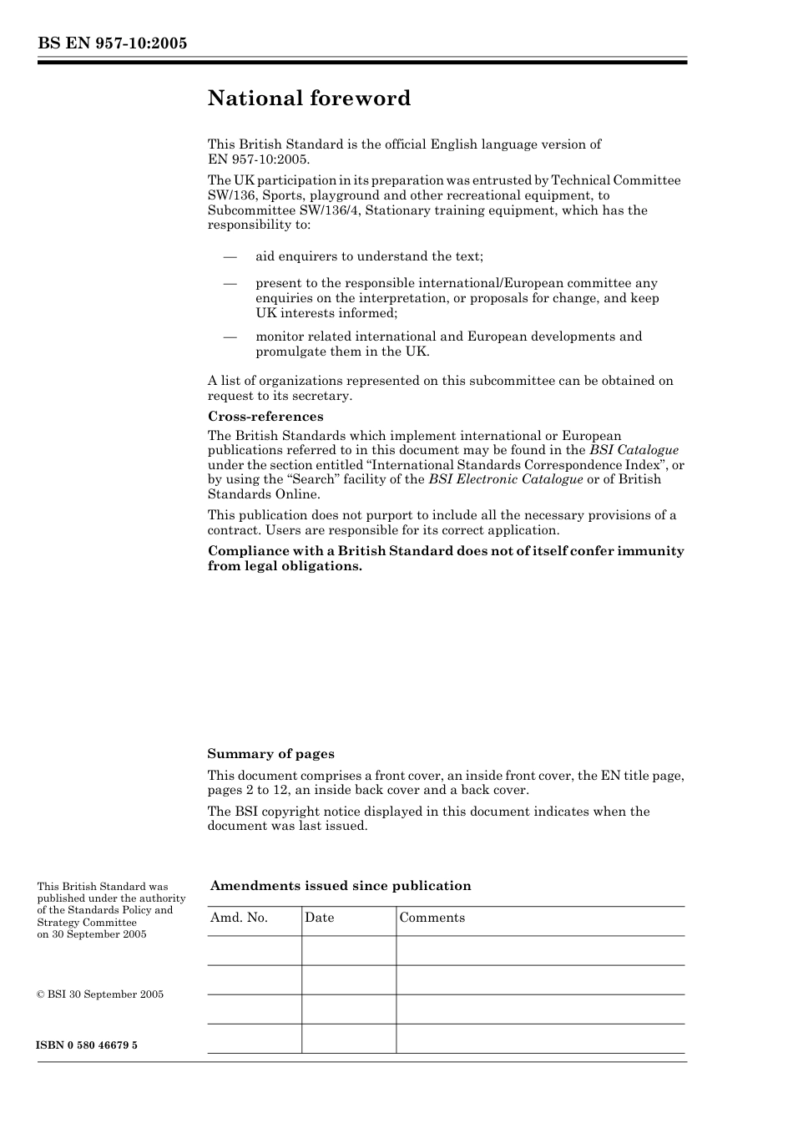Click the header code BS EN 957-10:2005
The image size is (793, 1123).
[112, 43]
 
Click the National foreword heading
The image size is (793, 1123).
[309, 99]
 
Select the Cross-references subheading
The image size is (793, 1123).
[265, 417]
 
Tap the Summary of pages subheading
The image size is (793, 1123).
[270, 754]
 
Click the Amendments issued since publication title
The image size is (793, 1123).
[341, 886]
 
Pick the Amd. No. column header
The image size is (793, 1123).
[239, 918]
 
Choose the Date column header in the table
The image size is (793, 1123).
[319, 918]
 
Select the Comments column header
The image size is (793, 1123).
[432, 918]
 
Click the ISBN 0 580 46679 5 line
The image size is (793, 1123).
[88, 1045]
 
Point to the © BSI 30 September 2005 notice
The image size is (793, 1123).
[100, 994]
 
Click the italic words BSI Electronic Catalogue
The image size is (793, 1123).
[505, 479]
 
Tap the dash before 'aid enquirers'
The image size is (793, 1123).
[230, 256]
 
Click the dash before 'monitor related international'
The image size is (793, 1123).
[230, 336]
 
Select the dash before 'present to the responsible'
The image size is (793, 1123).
[230, 283]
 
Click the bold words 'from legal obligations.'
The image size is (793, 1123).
[285, 566]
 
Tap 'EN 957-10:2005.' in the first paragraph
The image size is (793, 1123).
[258, 159]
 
